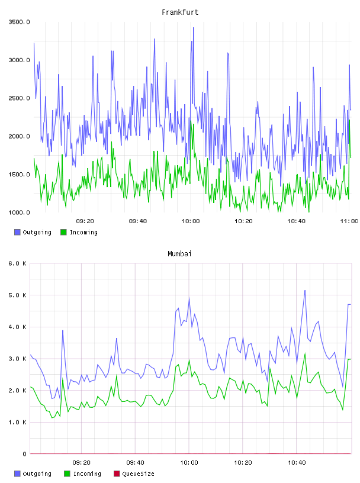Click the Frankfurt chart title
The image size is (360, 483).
point(180,12)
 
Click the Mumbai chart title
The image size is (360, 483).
point(179,253)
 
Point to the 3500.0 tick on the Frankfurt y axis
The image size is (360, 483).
point(19,22)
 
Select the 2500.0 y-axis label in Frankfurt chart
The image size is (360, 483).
point(19,98)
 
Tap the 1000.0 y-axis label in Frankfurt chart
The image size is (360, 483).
point(19,212)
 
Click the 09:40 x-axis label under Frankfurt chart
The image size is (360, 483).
point(138,221)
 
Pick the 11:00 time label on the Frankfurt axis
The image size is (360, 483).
point(349,221)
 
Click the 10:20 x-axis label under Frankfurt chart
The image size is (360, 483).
point(243,221)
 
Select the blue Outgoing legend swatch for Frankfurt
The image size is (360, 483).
point(17,232)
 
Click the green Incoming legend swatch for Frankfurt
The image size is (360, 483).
point(63,232)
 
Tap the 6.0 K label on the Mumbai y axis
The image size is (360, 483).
point(18,263)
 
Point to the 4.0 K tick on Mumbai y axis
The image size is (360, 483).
point(18,327)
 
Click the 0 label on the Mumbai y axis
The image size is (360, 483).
point(24,454)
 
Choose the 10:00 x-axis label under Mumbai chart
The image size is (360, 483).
point(189,463)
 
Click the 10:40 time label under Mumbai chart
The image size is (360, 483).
point(297,463)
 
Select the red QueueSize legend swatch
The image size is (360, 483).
point(117,474)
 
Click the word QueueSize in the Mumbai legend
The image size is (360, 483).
point(138,474)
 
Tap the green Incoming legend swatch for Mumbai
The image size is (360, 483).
point(67,474)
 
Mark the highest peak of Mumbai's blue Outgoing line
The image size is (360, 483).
point(305,290)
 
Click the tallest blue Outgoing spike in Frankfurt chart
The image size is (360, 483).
point(193,28)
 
